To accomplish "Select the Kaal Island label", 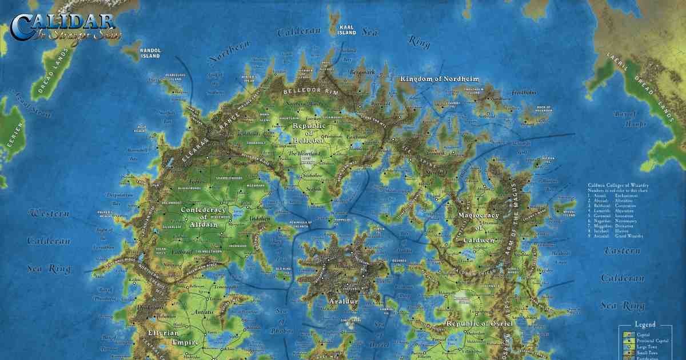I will click(347, 30).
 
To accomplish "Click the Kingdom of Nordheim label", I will click(439, 79).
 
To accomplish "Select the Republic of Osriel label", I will click(480, 323).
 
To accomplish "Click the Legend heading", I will click(651, 324).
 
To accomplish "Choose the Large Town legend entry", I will click(644, 346).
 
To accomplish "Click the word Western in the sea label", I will click(49, 214).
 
